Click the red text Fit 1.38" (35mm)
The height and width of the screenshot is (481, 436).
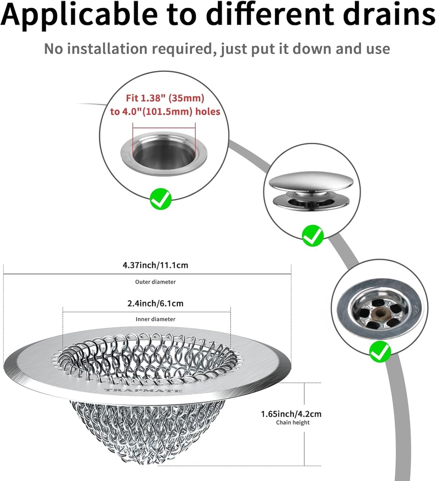(165, 99)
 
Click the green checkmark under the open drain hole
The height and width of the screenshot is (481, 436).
(161, 199)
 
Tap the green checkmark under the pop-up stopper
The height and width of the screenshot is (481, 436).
(313, 235)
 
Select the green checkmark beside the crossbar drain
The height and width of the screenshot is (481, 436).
(380, 351)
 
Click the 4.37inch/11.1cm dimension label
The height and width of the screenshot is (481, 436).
(155, 265)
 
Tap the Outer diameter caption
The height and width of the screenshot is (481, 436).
(155, 282)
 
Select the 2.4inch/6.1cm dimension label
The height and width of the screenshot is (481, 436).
(155, 303)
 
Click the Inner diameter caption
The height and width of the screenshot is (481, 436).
(155, 319)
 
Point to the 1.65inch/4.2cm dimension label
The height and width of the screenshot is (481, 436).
(291, 414)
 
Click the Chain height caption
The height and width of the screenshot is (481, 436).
(292, 423)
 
